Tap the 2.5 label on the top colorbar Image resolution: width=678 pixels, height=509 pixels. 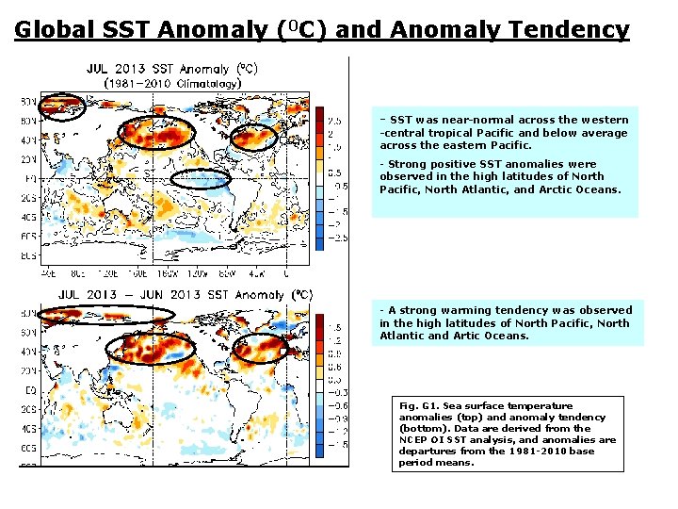pyautogui.click(x=334, y=121)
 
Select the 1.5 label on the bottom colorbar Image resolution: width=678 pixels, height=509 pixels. pyautogui.click(x=334, y=327)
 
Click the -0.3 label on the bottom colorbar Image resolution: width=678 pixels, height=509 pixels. pyautogui.click(x=336, y=392)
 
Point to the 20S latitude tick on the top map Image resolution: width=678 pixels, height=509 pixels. pyautogui.click(x=30, y=199)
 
